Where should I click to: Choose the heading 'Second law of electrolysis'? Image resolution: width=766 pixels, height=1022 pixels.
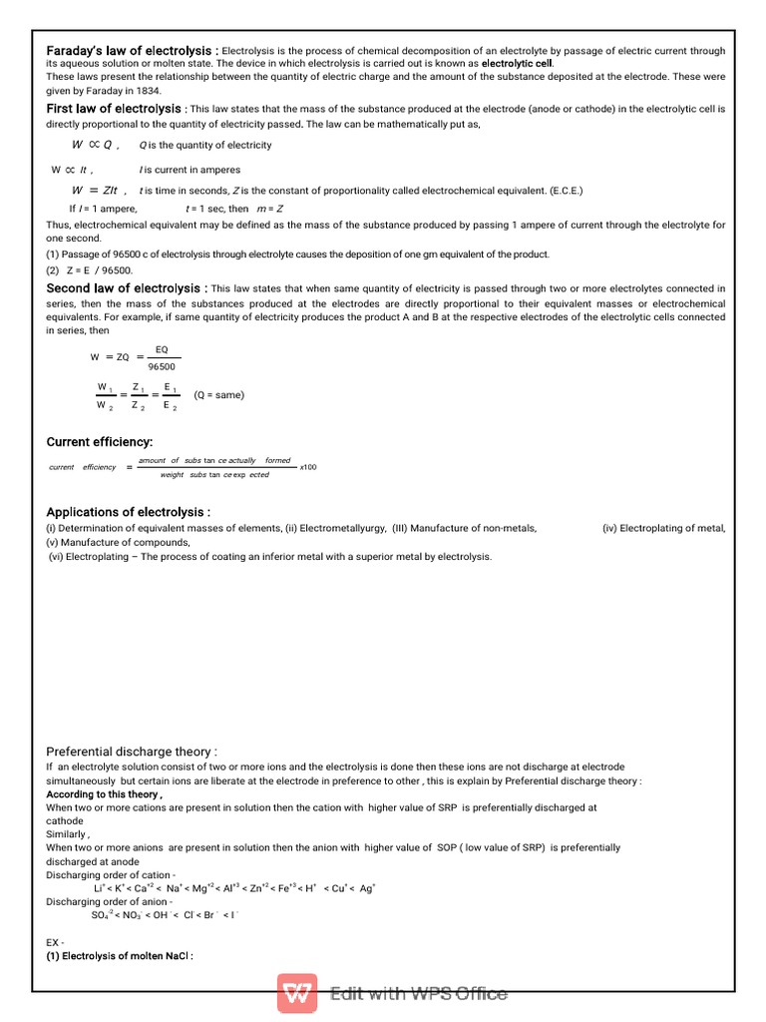click(123, 288)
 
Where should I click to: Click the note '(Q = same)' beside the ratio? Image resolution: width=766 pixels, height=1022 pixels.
click(218, 394)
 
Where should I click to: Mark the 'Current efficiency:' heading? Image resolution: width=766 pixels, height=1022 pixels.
click(100, 442)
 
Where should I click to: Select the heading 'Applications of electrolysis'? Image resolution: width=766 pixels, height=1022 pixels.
click(128, 512)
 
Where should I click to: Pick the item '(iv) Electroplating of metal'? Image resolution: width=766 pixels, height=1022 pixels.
click(663, 528)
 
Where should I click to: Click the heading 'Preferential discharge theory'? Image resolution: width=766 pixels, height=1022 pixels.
click(132, 752)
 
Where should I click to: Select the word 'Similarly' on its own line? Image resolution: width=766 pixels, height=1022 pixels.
click(68, 834)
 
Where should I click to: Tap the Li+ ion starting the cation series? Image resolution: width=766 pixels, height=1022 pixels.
click(99, 887)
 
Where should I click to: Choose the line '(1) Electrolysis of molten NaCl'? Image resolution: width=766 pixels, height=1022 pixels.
click(119, 955)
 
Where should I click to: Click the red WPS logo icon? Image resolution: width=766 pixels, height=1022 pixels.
click(297, 994)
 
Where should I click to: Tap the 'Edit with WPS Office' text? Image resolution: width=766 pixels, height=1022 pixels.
click(419, 994)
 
